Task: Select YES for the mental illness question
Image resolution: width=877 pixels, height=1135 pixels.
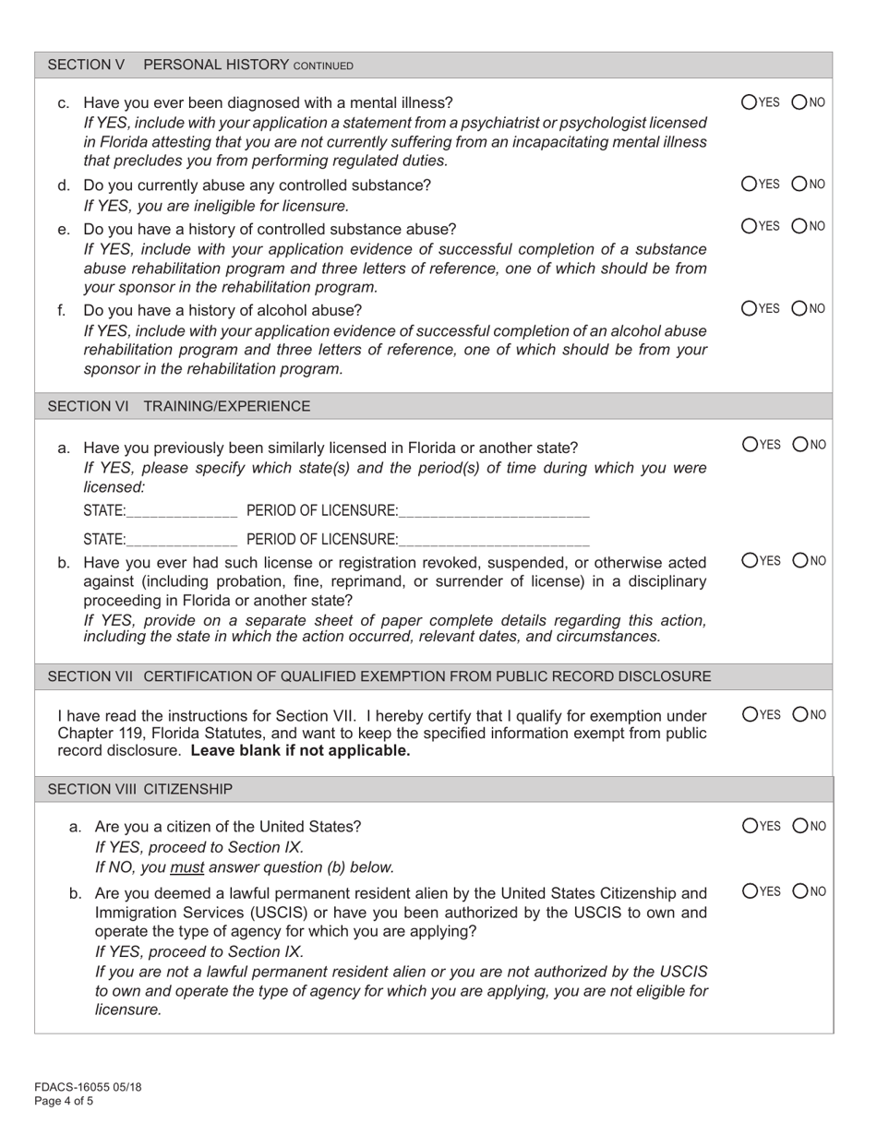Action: tap(750, 102)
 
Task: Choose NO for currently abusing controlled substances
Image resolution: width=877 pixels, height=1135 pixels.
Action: tap(799, 185)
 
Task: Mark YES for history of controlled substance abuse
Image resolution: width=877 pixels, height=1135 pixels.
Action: tap(750, 226)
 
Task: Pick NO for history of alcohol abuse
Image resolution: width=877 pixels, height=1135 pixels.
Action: tap(799, 308)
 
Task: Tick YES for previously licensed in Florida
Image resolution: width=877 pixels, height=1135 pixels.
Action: tap(750, 445)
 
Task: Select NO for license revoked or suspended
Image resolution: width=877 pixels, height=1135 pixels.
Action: tap(799, 560)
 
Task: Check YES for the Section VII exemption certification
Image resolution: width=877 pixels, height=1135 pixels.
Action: tap(750, 714)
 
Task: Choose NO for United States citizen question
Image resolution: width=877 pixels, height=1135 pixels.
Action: tap(799, 826)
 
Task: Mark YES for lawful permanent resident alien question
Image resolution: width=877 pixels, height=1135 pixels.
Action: tap(750, 891)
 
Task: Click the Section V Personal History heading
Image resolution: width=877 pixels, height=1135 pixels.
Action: tap(199, 65)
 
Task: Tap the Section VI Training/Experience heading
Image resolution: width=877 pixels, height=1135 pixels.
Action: tap(179, 406)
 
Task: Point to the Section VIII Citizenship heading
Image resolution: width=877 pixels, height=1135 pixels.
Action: tap(139, 789)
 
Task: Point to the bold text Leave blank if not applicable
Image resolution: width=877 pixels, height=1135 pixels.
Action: tap(300, 750)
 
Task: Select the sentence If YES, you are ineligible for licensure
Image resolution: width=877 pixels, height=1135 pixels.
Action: tap(216, 206)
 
